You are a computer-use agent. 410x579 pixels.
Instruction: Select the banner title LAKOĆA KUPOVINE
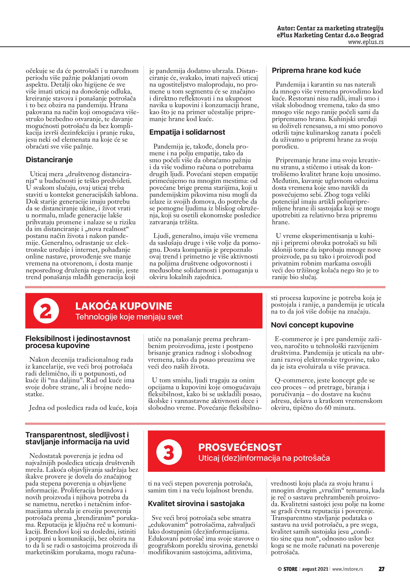pyautogui.click(x=124, y=306)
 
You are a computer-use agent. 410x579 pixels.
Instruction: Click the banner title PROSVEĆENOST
pyautogui.click(x=240, y=447)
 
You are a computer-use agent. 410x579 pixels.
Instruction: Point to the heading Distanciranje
pyautogui.click(x=49, y=160)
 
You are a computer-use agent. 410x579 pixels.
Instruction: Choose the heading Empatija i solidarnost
pyautogui.click(x=187, y=132)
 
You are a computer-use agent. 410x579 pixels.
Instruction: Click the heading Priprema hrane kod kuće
pyautogui.click(x=316, y=70)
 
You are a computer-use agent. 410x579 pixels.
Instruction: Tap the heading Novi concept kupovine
pyautogui.click(x=312, y=325)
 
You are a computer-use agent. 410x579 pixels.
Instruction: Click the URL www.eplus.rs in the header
pyautogui.click(x=366, y=42)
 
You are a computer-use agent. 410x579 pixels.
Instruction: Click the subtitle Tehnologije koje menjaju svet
pyautogui.click(x=129, y=317)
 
